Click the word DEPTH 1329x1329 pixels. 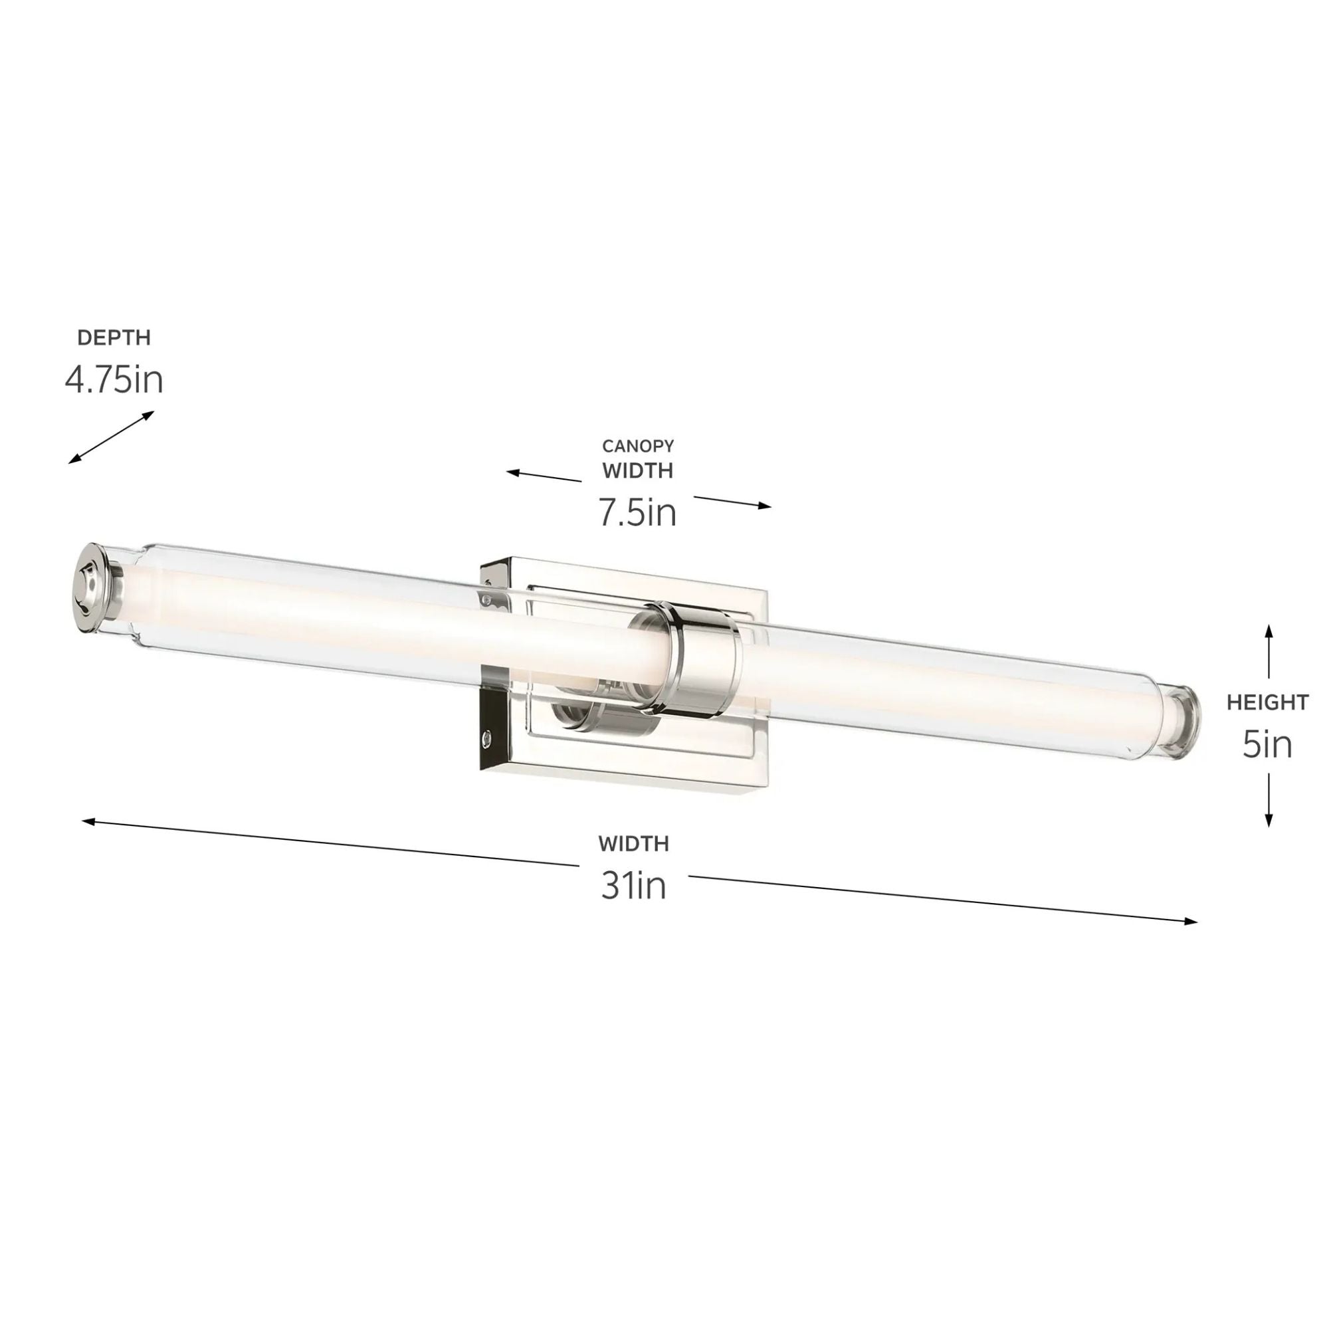click(114, 338)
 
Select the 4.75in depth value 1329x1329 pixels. click(114, 379)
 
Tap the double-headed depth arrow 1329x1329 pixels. click(111, 437)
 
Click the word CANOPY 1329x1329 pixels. click(638, 446)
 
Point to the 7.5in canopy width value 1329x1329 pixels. click(637, 512)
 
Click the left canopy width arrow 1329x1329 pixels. click(544, 476)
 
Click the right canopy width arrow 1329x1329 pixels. click(732, 502)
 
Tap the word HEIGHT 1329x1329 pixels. click(1267, 702)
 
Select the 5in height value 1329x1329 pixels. click(1267, 744)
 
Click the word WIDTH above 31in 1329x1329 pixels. click(633, 843)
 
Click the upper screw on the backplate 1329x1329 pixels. click(487, 600)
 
